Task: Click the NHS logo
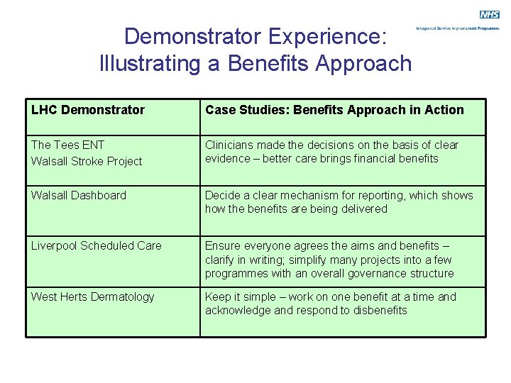point(490,14)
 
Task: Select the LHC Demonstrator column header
point(88,110)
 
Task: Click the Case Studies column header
point(334,110)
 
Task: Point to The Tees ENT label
point(68,145)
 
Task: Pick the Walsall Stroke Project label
point(87,161)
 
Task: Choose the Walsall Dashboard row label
point(79,195)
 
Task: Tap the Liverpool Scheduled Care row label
point(97,245)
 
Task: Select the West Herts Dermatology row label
point(92,296)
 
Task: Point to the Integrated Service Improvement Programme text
point(458,28)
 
